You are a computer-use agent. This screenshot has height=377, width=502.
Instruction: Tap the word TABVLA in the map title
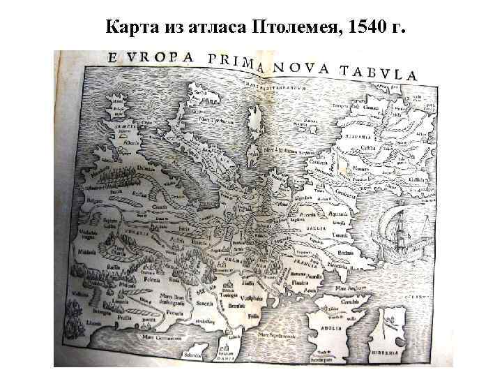(378, 72)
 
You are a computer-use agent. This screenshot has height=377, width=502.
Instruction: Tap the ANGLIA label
(330, 327)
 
